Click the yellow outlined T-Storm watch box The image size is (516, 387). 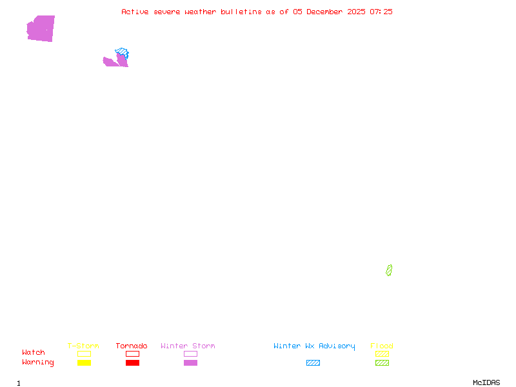[x=84, y=353]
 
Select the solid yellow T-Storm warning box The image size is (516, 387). [x=84, y=362]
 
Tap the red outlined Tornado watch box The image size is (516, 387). [x=132, y=353]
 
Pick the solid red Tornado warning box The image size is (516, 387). [x=132, y=362]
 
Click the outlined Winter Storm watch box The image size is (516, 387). [x=190, y=353]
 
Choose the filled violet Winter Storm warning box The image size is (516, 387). [x=190, y=362]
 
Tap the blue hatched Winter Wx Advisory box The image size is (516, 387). [x=313, y=362]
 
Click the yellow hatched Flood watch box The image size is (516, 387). [x=382, y=353]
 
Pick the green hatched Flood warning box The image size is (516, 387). [x=382, y=362]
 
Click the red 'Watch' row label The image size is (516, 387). [x=34, y=353]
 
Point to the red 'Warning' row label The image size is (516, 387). [x=38, y=362]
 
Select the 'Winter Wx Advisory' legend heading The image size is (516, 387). [x=314, y=346]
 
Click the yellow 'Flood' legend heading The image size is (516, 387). [x=382, y=346]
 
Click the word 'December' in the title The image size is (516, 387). [x=327, y=12]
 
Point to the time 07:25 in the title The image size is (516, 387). [x=381, y=12]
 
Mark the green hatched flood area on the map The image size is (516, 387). [x=389, y=270]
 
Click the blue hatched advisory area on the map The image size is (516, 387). [x=122, y=52]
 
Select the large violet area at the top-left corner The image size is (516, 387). [x=41, y=28]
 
